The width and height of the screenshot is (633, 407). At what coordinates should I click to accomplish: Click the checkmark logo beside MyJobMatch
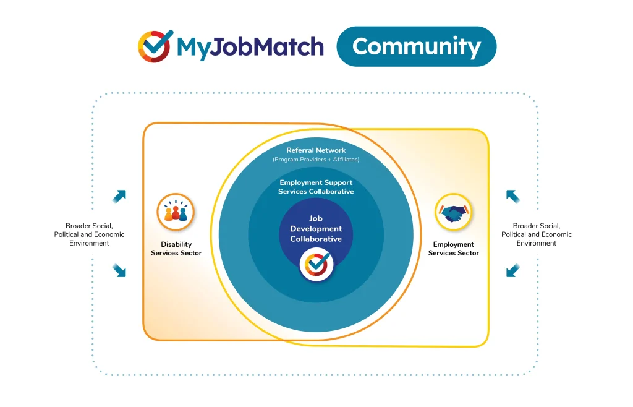pos(155,46)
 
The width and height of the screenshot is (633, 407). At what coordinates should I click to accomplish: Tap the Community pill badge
pos(416,46)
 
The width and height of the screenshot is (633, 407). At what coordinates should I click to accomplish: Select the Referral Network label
pos(316,150)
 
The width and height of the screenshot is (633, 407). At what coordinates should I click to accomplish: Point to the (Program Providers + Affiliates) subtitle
pos(316,160)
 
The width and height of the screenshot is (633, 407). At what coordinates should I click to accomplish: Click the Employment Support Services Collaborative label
pos(316,187)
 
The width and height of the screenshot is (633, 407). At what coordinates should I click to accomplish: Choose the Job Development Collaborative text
pos(316,228)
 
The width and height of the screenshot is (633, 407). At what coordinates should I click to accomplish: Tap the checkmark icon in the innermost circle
pos(316,265)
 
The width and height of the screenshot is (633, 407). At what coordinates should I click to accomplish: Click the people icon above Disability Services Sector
pos(176,212)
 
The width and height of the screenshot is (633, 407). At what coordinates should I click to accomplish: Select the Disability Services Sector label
pos(176,249)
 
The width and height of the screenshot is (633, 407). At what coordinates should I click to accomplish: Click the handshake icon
pos(453,212)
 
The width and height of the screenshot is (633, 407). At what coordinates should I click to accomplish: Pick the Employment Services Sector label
pos(454,249)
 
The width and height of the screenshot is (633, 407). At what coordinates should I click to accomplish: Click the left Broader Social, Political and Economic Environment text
pos(89,234)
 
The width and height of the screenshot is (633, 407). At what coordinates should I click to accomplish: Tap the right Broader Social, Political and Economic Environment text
pos(537,234)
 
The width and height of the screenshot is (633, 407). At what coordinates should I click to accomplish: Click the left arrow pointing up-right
pos(119,196)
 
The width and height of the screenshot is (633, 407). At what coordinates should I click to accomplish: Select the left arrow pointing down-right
pos(119,270)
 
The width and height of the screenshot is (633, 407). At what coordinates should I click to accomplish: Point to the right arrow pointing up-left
pos(513,196)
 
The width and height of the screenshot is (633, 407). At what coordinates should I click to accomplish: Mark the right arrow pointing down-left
pos(513,270)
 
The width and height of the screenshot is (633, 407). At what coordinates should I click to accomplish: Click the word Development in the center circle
pos(316,229)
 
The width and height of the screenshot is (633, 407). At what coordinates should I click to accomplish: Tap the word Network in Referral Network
pos(331,150)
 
